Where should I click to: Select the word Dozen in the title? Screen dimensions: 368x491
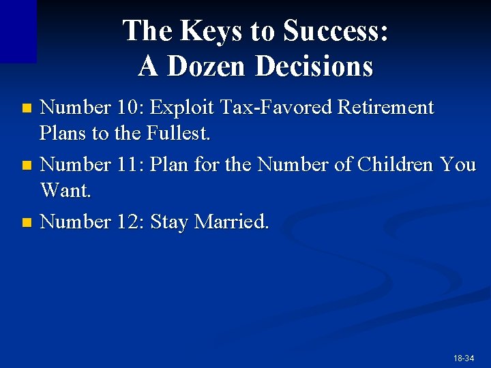tap(209, 66)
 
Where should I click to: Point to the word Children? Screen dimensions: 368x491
tap(397, 165)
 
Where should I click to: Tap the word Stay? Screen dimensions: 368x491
tap(169, 222)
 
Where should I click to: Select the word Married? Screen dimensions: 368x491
tap(232, 222)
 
